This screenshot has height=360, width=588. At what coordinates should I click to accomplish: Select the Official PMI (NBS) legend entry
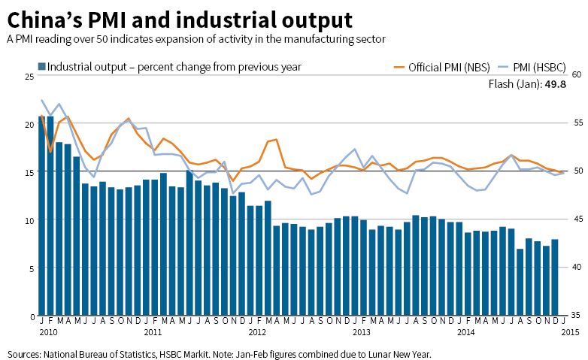pyautogui.click(x=444, y=67)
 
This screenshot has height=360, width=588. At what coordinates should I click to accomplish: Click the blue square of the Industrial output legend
pyautogui.click(x=41, y=67)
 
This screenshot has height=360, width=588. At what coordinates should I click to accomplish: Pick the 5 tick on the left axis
pyautogui.click(x=30, y=268)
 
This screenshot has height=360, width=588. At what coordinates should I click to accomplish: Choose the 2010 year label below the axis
pyautogui.click(x=48, y=331)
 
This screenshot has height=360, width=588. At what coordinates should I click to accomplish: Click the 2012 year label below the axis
pyautogui.click(x=256, y=331)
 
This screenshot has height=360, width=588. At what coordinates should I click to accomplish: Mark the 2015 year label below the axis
pyautogui.click(x=568, y=331)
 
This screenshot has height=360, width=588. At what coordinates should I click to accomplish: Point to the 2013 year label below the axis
pyautogui.click(x=361, y=331)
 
